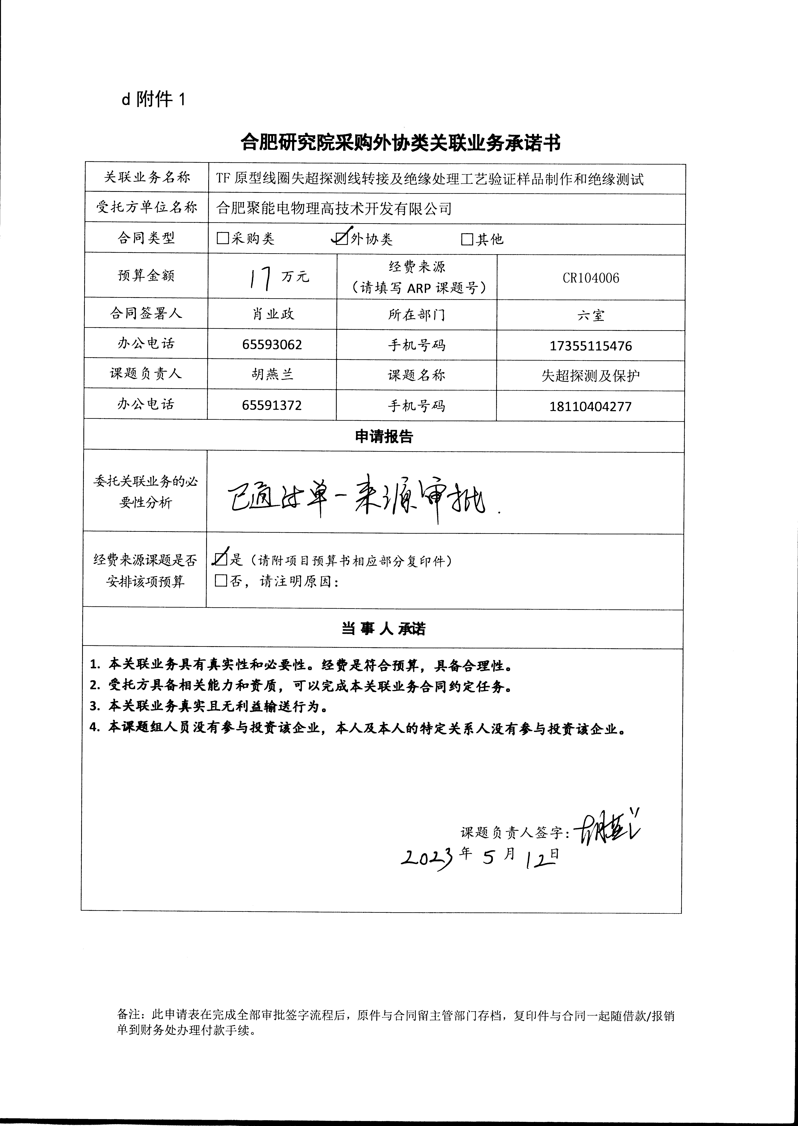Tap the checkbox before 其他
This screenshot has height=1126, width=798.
tap(467, 239)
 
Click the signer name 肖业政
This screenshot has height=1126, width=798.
tap(273, 314)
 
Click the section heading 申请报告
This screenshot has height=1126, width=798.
tap(384, 436)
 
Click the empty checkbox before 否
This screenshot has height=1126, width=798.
tap(221, 581)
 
